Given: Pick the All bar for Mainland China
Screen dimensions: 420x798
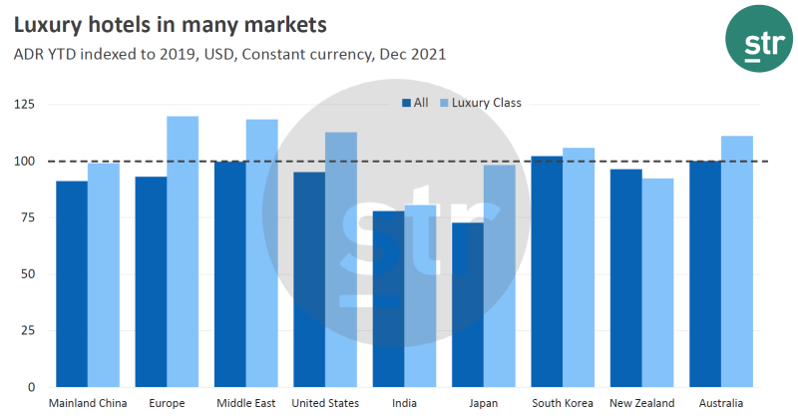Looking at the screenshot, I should point(72,283).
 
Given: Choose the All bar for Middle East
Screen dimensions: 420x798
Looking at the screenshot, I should point(230,273).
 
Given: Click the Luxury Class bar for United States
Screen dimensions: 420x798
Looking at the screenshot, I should point(341,259).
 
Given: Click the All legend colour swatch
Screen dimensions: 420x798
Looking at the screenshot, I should point(406,103).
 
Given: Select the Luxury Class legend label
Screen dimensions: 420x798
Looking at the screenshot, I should point(487,103).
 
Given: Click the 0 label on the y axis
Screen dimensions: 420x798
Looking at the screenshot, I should point(33,387).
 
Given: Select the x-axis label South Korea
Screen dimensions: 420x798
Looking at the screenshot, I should point(562,403).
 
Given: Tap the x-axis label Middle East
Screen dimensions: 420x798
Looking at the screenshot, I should point(245,403).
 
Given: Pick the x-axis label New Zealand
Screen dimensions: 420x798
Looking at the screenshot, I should point(641,403).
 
